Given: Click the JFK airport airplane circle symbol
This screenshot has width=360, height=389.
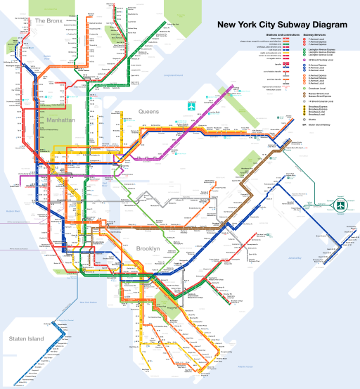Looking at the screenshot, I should coord(341,205).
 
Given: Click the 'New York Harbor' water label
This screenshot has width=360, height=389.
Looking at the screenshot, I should coord(90,302).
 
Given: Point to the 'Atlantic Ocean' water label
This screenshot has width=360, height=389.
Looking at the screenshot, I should coord(244,366).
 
